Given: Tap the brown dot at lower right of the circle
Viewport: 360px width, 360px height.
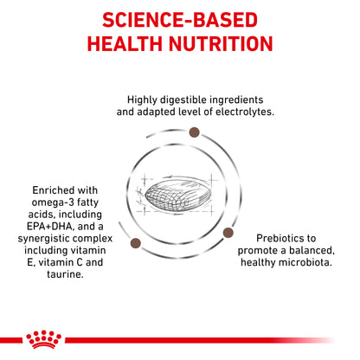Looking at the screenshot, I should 229,232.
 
